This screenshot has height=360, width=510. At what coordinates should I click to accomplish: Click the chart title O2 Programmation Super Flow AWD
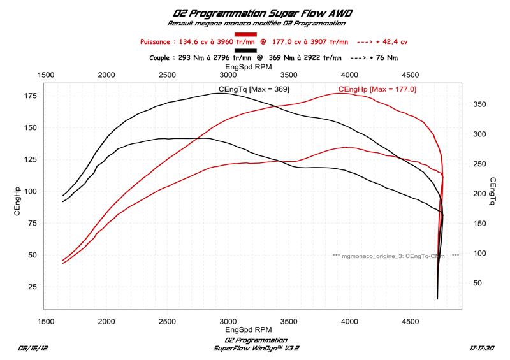255,12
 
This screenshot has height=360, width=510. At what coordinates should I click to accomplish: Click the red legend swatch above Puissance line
245,34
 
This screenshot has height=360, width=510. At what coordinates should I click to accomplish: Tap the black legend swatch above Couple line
245,50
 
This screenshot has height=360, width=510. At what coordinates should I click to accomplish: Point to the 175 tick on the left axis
30,96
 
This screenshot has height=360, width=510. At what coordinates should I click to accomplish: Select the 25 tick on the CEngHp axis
33,286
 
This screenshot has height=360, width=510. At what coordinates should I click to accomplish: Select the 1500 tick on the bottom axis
45,322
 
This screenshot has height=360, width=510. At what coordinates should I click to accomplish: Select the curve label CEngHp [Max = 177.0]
377,89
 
